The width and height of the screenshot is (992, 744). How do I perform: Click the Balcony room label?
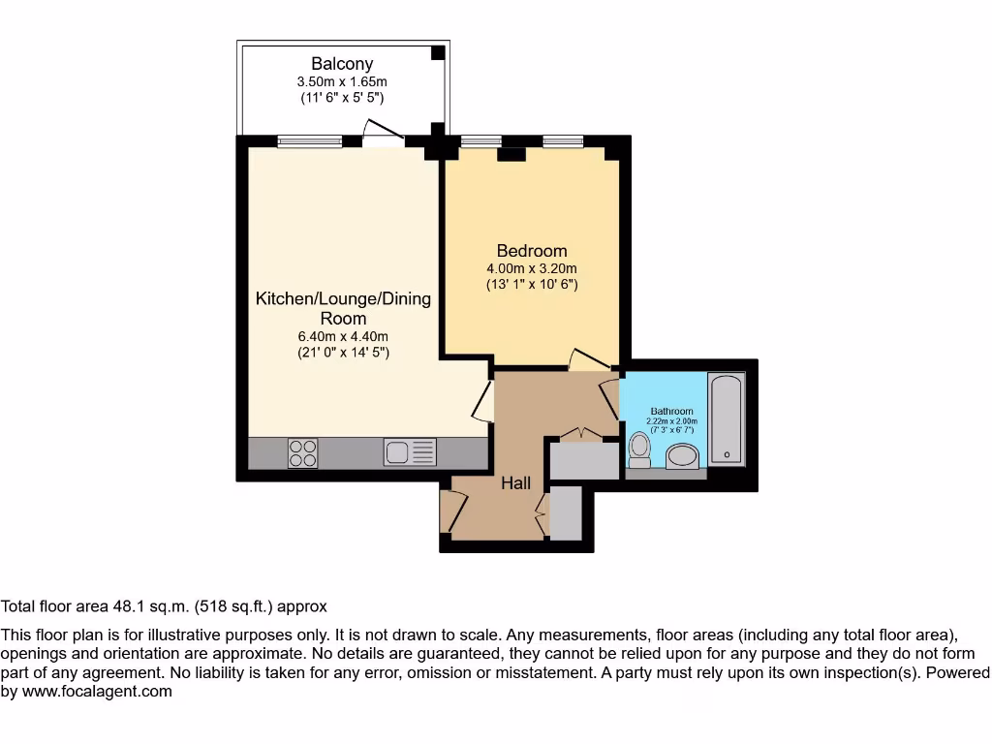[x=342, y=64]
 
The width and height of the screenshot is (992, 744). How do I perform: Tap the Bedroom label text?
[x=532, y=251]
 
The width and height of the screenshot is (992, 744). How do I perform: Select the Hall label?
[x=515, y=482]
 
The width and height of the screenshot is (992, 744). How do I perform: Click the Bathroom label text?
[x=671, y=411]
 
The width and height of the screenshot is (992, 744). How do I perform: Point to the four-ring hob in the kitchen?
[x=302, y=452]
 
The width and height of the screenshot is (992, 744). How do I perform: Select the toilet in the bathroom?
[x=639, y=449]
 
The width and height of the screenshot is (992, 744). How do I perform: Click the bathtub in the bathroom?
[x=726, y=418]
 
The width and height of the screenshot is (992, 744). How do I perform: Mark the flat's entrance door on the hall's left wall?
[x=451, y=511]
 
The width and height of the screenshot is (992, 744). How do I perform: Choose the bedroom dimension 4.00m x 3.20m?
[x=532, y=268]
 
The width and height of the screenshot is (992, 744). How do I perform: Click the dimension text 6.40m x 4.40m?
[x=343, y=336]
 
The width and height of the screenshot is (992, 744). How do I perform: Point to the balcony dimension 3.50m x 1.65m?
[x=342, y=82]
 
